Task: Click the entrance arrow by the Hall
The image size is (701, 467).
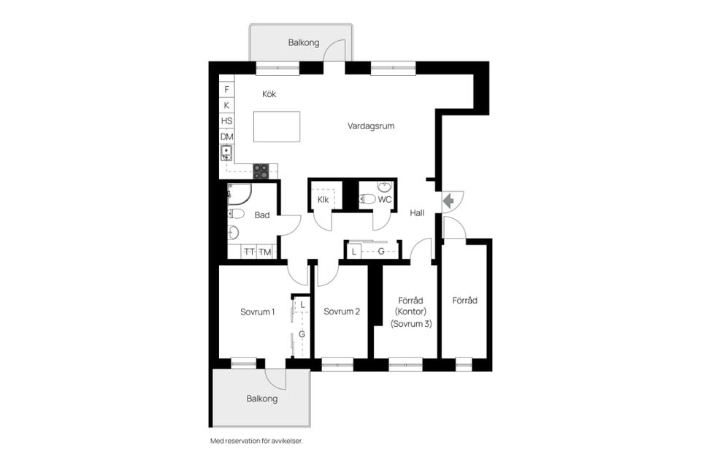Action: (x=448, y=201)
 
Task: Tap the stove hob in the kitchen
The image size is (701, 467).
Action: (x=261, y=171)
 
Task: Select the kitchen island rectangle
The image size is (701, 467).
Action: (x=277, y=126)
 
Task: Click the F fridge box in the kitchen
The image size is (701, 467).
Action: (x=226, y=89)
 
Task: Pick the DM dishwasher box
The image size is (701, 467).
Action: (x=226, y=136)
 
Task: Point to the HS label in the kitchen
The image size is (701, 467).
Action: (x=226, y=121)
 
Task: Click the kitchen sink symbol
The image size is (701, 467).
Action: (x=226, y=153)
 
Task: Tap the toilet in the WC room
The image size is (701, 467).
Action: (x=367, y=199)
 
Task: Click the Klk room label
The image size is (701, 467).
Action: (x=323, y=200)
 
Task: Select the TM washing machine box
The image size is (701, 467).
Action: (x=264, y=252)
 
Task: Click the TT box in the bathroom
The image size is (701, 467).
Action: (x=249, y=252)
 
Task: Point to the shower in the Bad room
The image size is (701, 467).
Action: (x=239, y=194)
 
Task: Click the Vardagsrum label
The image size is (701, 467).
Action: (x=371, y=126)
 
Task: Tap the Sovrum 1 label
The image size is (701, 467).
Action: (x=258, y=312)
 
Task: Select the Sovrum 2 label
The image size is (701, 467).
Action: (x=342, y=312)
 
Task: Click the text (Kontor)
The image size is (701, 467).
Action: (x=411, y=312)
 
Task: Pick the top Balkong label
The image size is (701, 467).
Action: (x=304, y=43)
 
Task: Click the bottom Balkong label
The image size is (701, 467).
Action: (x=262, y=398)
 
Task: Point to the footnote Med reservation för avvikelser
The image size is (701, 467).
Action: (x=256, y=441)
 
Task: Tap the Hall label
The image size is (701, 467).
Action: (x=417, y=213)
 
